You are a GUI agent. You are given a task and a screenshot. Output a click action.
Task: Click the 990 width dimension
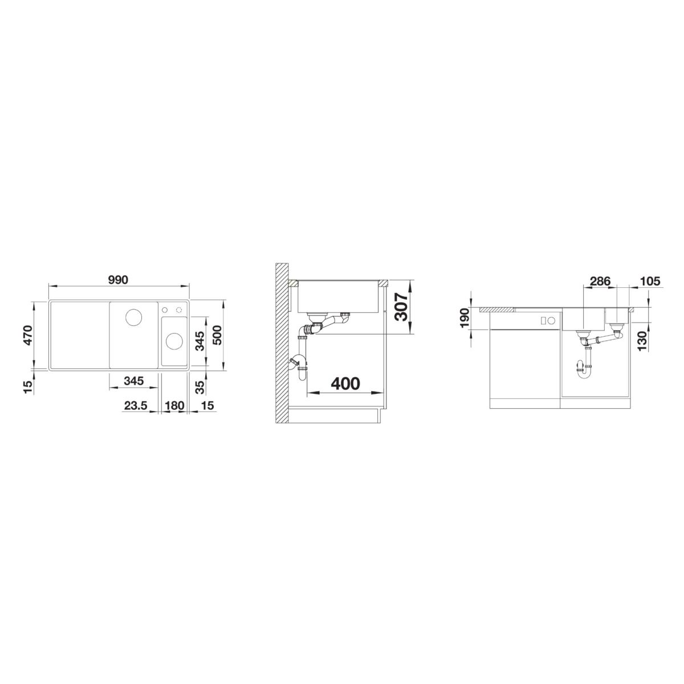(x=118, y=280)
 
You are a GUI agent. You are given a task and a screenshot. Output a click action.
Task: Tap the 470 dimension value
(x=27, y=335)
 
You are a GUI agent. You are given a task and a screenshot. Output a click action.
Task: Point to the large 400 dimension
(x=345, y=384)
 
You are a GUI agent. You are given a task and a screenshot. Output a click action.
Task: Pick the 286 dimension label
(x=600, y=281)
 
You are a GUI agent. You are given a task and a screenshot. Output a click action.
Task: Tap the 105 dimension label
(x=650, y=281)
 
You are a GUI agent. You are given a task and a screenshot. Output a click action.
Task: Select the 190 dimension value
(x=465, y=319)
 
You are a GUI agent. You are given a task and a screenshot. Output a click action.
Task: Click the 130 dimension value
(x=642, y=341)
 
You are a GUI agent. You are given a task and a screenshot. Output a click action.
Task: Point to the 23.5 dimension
(x=136, y=405)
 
